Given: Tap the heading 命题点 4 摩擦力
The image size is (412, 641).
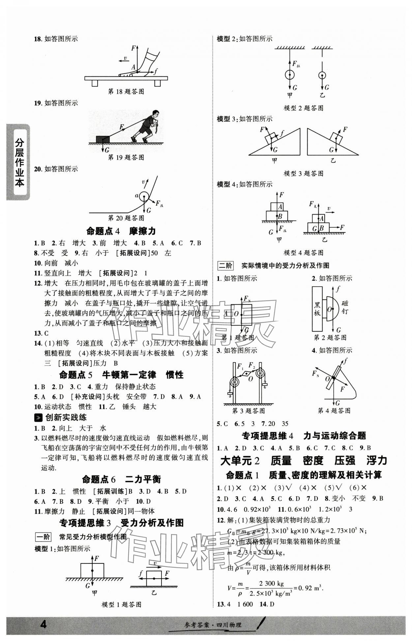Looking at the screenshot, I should coord(121,231).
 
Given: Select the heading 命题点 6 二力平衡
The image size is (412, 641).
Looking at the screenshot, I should coord(121,479).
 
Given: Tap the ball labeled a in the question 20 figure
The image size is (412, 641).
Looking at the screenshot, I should coord(144,197).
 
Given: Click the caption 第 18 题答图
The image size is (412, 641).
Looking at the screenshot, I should coord(126,92).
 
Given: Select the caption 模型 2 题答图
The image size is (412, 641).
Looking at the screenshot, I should coord(303,108).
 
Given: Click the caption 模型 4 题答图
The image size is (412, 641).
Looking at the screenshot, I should coord(303,253).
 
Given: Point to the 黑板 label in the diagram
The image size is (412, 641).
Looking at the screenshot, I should coord(317,308).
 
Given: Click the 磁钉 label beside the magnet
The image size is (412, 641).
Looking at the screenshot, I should coord(345,307).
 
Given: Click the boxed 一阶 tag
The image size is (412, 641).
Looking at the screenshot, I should coord(43,537).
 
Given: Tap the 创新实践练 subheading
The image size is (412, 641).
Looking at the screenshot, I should coord(66,417).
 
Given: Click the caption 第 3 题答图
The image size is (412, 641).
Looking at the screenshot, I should coord(249,411).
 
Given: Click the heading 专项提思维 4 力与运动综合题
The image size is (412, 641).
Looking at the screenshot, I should coord(304,436).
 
